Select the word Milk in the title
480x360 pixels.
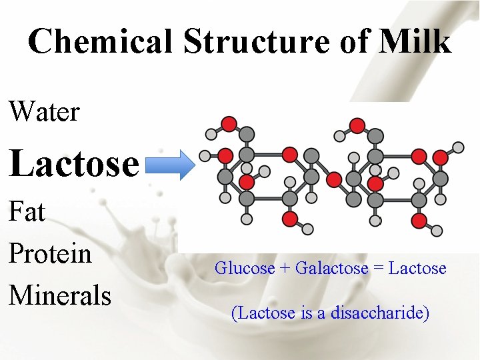pyautogui.click(x=416, y=41)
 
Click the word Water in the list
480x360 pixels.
pyautogui.click(x=44, y=111)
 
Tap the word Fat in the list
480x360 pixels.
pyautogui.click(x=27, y=213)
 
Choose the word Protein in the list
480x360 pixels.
pyautogui.click(x=50, y=253)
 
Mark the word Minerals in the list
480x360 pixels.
pyautogui.click(x=59, y=294)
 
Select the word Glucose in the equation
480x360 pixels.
pyautogui.click(x=244, y=268)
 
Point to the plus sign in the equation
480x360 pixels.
pyautogui.click(x=285, y=269)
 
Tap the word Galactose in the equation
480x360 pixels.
pyautogui.click(x=331, y=268)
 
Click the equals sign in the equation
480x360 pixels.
pyautogui.click(x=377, y=269)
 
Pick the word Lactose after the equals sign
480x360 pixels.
pyautogui.click(x=417, y=268)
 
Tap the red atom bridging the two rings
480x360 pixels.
pyautogui.click(x=334, y=179)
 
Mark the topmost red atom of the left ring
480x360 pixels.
pyautogui.click(x=229, y=123)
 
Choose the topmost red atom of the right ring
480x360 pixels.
pyautogui.click(x=357, y=125)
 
